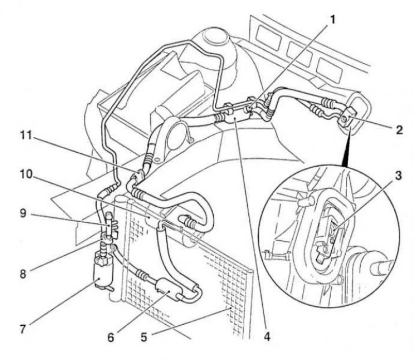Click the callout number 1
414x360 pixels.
point(333,19)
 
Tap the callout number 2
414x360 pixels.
point(399,130)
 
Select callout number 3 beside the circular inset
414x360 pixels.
point(398,175)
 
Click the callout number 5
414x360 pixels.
point(144,337)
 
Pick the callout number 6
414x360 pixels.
point(111,337)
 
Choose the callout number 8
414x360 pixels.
point(23,274)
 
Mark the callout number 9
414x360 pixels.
point(23,213)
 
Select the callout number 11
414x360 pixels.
point(26,136)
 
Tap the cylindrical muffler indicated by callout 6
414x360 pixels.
point(169,290)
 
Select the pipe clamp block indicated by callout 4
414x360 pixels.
point(232,113)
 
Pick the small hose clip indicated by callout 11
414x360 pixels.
point(139,174)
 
